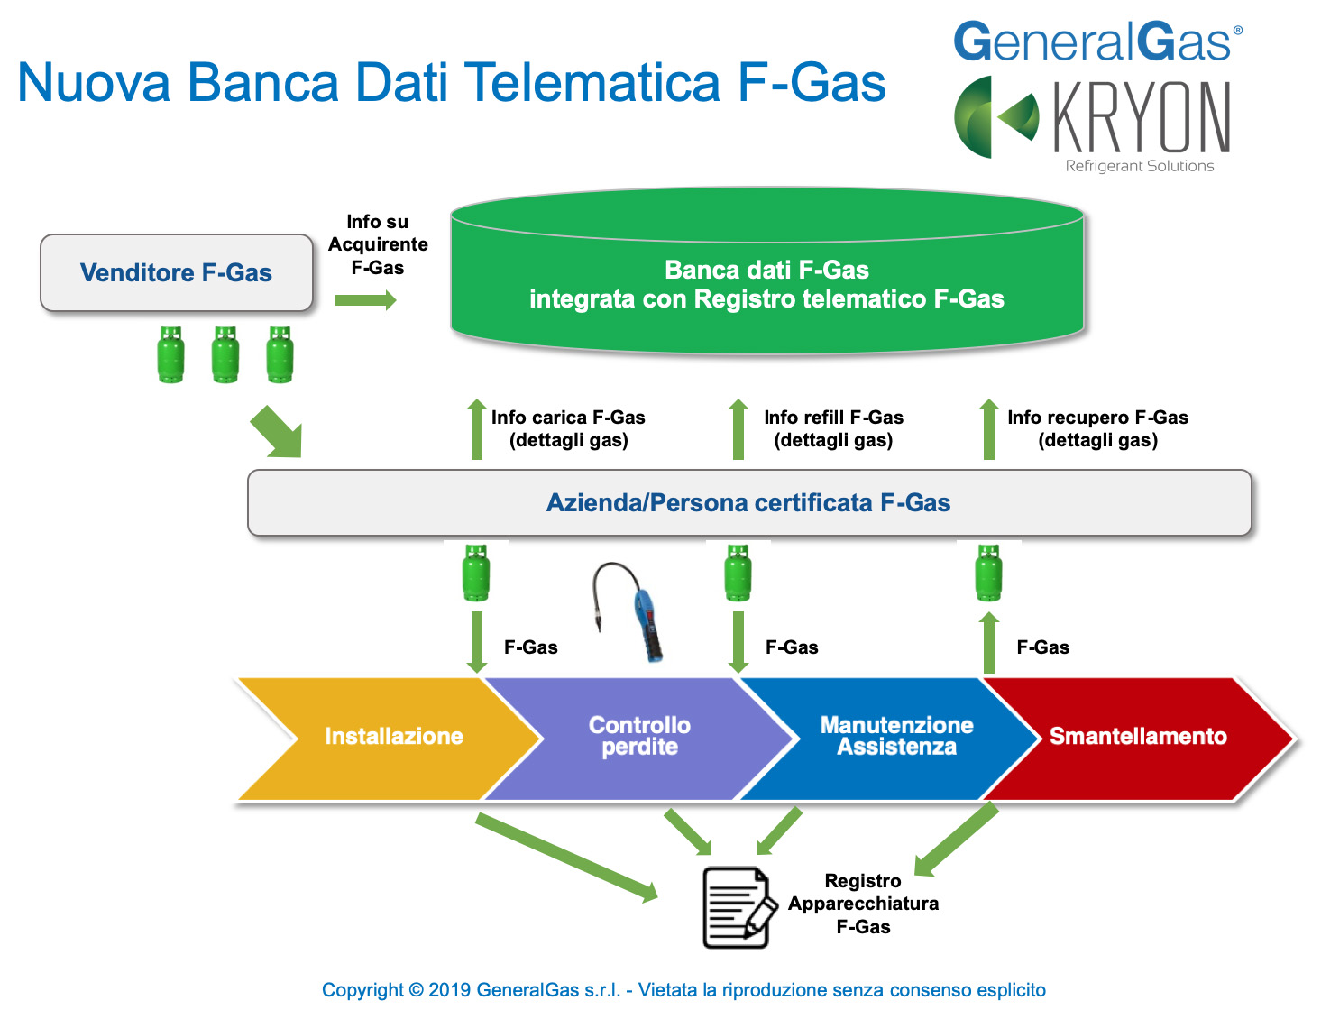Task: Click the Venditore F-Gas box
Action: (177, 272)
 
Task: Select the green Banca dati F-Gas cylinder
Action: (766, 271)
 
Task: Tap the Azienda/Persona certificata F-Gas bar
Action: (749, 503)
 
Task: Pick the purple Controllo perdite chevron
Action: (638, 739)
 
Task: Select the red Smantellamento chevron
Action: (1137, 739)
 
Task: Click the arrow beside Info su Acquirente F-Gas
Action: (365, 299)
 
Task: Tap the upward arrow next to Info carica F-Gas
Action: (477, 429)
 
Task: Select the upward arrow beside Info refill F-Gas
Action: (738, 429)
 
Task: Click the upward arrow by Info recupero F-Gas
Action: (989, 429)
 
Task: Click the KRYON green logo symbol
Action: (995, 116)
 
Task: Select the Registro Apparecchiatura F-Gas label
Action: (863, 904)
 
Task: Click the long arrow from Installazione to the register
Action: (566, 858)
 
